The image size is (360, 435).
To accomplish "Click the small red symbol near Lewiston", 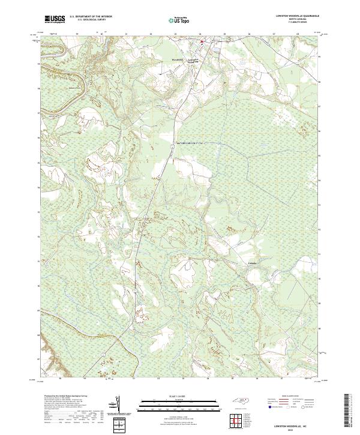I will click(202, 41).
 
